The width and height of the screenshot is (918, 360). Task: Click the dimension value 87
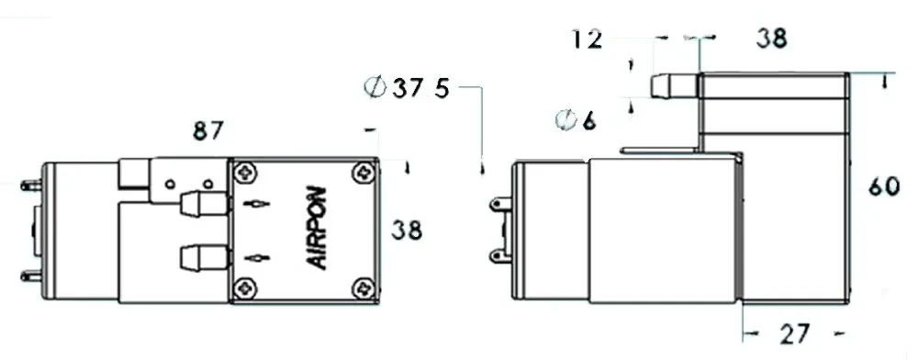click(208, 131)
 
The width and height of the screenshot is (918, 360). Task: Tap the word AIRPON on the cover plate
click(318, 228)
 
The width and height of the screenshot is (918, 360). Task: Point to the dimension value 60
click(883, 186)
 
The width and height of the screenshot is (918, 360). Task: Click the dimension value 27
click(794, 334)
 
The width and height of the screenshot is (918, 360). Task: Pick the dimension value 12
click(586, 39)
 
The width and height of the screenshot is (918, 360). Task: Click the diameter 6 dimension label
click(576, 121)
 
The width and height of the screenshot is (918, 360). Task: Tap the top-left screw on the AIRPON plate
click(244, 173)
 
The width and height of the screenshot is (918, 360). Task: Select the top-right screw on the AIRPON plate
click(364, 172)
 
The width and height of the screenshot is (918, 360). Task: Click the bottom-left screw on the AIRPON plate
click(244, 288)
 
